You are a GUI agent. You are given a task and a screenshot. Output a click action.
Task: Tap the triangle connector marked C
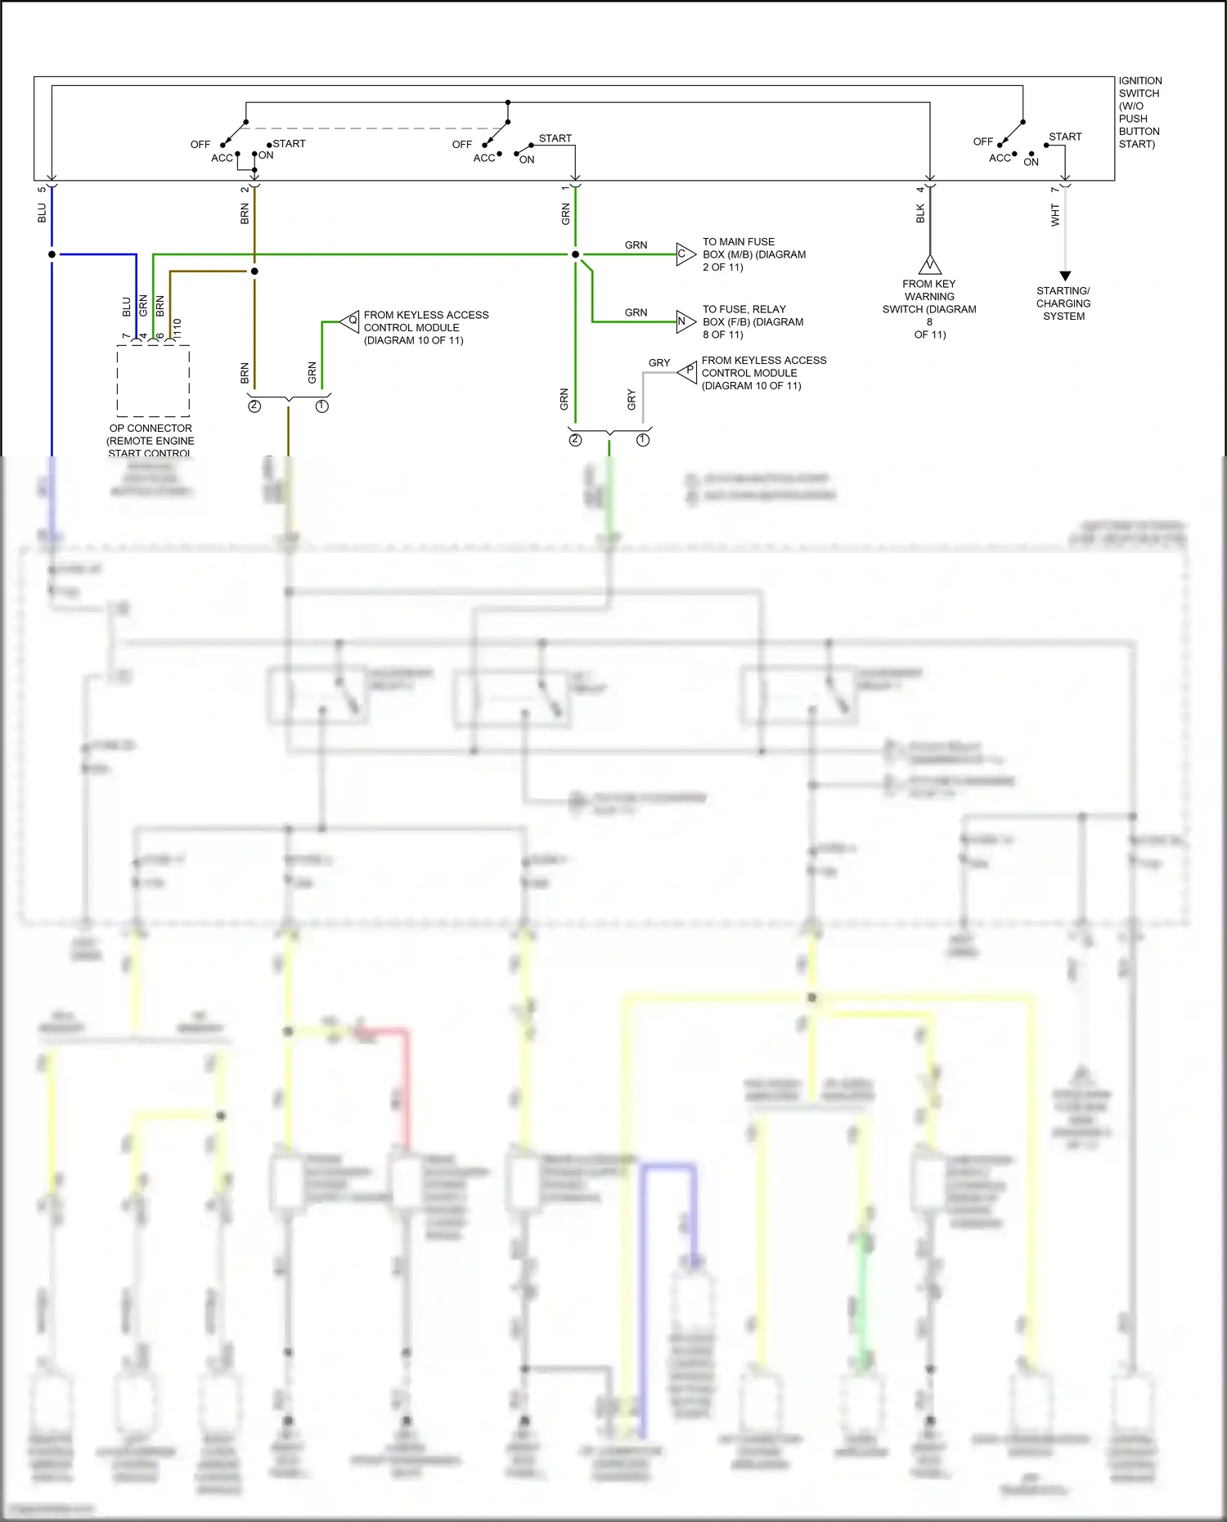pyautogui.click(x=685, y=254)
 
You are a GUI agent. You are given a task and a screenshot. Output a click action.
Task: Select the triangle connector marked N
pyautogui.click(x=685, y=321)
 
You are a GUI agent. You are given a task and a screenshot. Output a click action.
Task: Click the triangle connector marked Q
pyautogui.click(x=351, y=321)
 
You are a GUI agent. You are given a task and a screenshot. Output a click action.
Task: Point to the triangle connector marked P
pyautogui.click(x=688, y=372)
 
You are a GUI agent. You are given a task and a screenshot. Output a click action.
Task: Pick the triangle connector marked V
pyautogui.click(x=930, y=265)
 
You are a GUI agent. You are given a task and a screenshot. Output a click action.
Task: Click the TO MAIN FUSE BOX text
pyautogui.click(x=753, y=254)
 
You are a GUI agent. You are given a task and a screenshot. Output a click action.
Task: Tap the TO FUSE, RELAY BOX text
pyautogui.click(x=752, y=321)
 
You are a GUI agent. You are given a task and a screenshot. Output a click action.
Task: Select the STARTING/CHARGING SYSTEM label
pyautogui.click(x=1063, y=303)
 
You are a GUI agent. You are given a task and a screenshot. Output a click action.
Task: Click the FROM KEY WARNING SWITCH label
pyautogui.click(x=929, y=309)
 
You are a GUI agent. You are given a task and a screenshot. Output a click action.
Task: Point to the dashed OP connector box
pyautogui.click(x=153, y=380)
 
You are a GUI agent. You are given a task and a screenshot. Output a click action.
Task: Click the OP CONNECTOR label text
pyautogui.click(x=151, y=440)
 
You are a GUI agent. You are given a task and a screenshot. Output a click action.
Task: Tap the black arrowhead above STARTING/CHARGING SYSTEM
pyautogui.click(x=1065, y=276)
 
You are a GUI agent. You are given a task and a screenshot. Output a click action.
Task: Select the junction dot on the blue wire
pyautogui.click(x=52, y=254)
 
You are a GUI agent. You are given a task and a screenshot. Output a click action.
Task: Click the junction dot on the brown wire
pyautogui.click(x=254, y=271)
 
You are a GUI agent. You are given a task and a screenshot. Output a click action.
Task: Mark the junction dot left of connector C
pyautogui.click(x=575, y=254)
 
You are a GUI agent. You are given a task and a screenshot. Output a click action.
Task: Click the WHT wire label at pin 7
pyautogui.click(x=1055, y=215)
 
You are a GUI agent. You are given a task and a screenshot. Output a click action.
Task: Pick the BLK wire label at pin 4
pyautogui.click(x=920, y=214)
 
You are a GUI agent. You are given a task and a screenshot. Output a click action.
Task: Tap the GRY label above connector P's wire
pyautogui.click(x=658, y=362)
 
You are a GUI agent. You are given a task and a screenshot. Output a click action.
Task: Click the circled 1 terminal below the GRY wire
pyautogui.click(x=643, y=440)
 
